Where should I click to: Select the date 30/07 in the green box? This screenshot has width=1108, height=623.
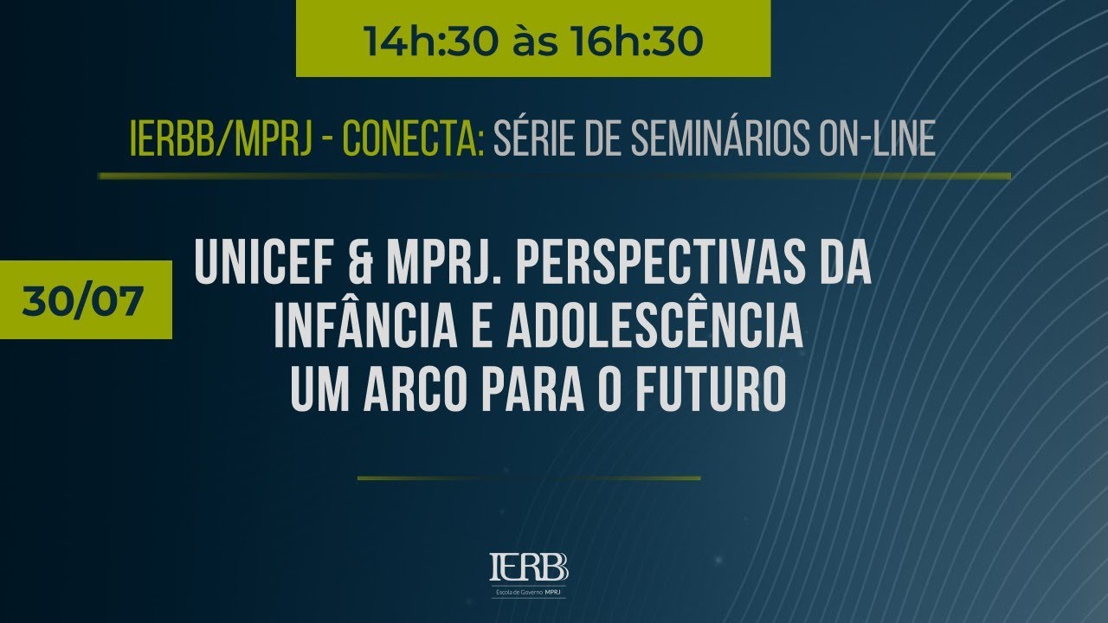coord(83,300)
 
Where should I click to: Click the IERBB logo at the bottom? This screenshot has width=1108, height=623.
coord(528,571)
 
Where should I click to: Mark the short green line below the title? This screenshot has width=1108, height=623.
coord(528,477)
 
